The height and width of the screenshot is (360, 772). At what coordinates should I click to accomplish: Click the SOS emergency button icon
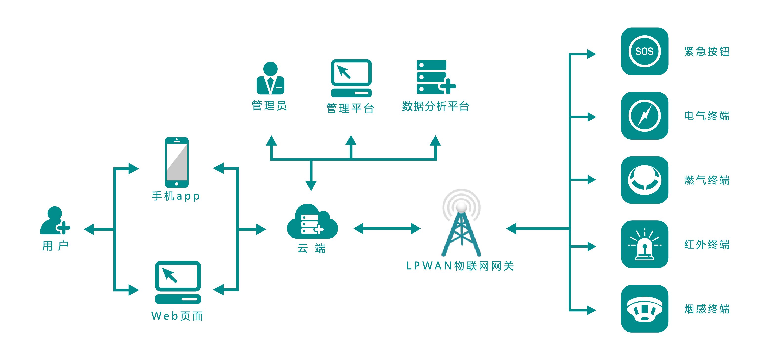tap(644, 51)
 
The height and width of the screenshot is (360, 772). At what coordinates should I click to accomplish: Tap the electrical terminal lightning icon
tap(644, 116)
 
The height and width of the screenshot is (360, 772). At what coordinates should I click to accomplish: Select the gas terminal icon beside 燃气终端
tap(644, 180)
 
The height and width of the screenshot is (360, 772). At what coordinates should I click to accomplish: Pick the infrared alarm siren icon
tap(644, 244)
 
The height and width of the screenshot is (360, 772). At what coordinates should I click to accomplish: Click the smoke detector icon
tap(644, 309)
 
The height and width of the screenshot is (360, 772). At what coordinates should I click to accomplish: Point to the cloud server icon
tap(312, 222)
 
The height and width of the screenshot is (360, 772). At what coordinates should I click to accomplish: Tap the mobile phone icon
tap(177, 162)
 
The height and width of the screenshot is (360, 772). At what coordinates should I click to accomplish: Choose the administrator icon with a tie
tap(270, 78)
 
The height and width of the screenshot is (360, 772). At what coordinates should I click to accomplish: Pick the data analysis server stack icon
tap(435, 77)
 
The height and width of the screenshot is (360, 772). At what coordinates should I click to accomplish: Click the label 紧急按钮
tap(707, 52)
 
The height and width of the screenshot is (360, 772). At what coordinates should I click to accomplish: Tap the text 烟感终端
tap(707, 309)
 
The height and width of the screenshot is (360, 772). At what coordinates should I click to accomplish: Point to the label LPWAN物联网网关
tap(460, 266)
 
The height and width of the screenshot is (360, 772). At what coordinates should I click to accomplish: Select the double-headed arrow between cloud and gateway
tap(387, 229)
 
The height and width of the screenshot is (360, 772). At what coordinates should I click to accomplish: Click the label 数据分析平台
tap(436, 106)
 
